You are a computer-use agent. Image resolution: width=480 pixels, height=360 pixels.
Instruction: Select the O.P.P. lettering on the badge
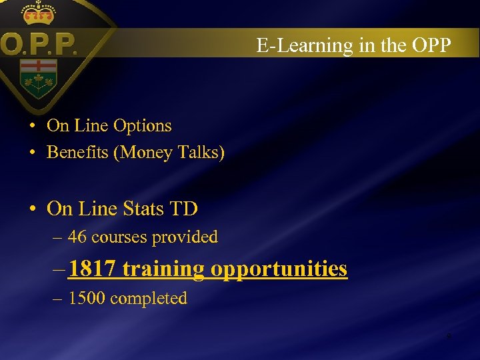39,46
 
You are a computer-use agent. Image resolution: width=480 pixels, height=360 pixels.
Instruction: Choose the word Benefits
77,153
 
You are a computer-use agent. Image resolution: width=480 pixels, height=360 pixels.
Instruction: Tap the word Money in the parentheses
145,153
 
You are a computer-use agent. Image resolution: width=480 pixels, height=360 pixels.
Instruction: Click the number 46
77,237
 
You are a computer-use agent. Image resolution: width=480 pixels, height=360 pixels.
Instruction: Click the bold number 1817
93,269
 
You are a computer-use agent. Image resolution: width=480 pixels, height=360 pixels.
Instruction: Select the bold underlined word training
164,269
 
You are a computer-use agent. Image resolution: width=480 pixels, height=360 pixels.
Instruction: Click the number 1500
87,298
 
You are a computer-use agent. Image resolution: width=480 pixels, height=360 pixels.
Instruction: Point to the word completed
149,298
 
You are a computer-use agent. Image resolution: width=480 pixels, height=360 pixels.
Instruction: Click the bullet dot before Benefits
32,153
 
